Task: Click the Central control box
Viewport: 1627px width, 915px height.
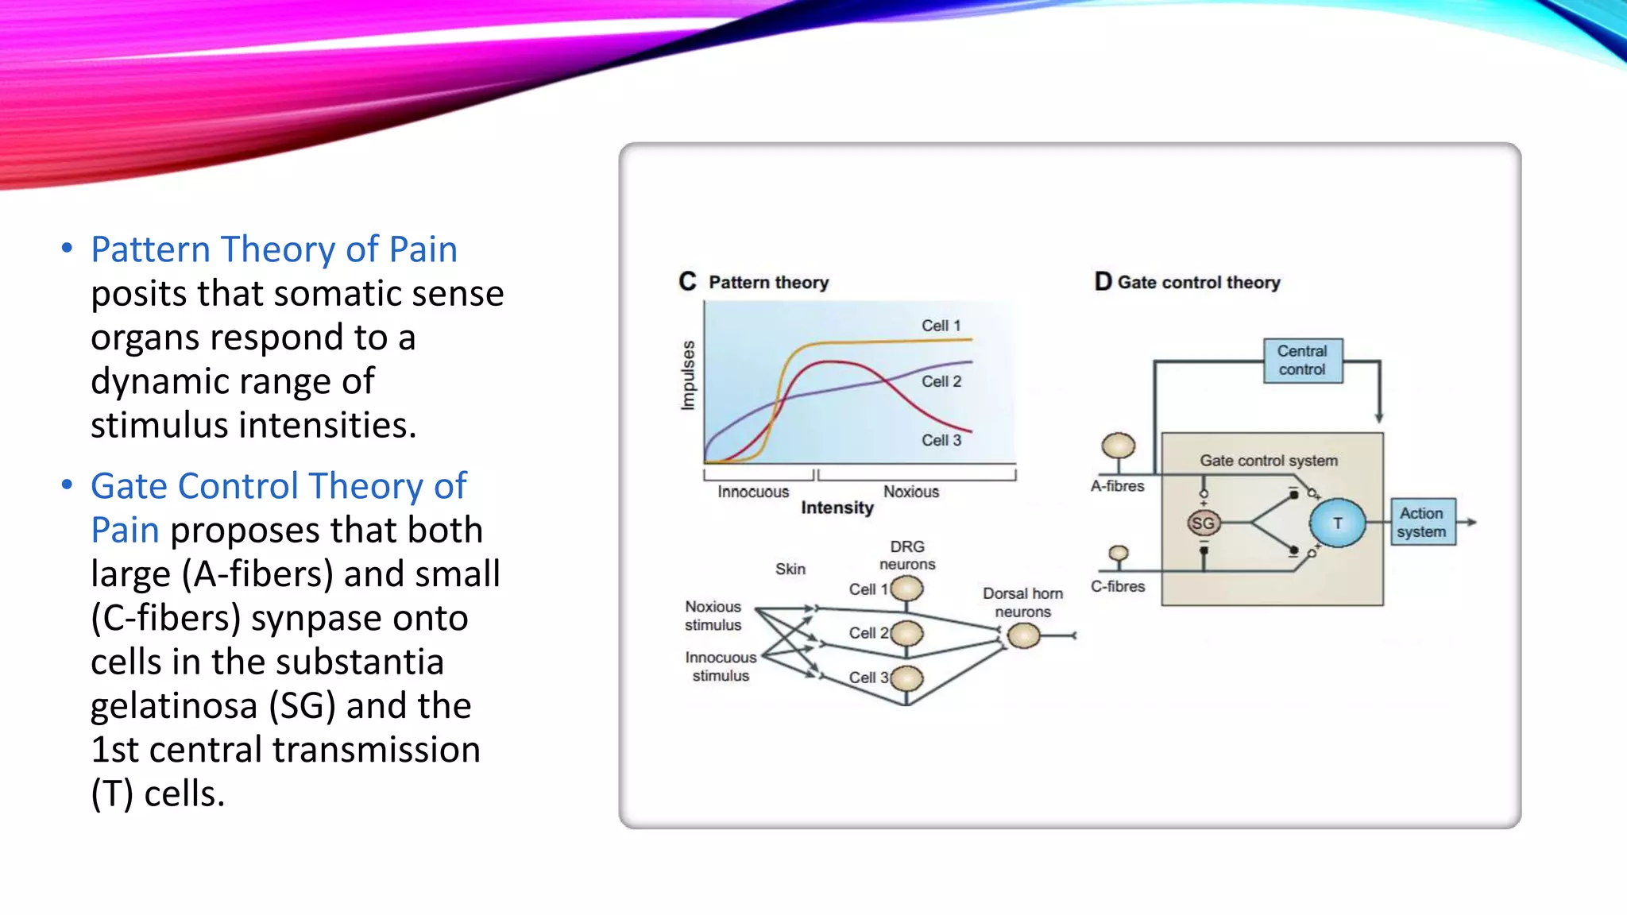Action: click(x=1302, y=361)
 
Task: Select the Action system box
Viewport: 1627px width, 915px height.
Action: click(x=1422, y=523)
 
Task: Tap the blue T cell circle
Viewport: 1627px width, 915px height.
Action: click(x=1337, y=523)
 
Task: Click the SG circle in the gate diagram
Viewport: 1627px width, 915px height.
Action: click(x=1203, y=523)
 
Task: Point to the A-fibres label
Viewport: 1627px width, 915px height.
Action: click(x=1117, y=486)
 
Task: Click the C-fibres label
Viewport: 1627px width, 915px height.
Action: click(x=1117, y=586)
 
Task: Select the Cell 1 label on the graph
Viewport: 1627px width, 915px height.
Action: click(x=941, y=326)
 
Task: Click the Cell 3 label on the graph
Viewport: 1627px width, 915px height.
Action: click(x=941, y=440)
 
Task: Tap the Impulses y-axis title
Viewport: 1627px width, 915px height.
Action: click(x=688, y=376)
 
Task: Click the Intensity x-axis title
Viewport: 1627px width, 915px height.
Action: click(x=837, y=508)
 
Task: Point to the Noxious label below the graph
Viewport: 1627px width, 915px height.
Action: click(x=910, y=492)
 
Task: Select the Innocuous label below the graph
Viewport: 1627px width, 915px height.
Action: click(x=753, y=492)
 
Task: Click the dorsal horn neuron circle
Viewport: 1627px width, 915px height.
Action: click(x=1022, y=635)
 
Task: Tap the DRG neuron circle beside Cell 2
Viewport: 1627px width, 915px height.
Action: click(x=907, y=634)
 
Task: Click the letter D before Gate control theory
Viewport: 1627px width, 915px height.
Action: click(x=1103, y=282)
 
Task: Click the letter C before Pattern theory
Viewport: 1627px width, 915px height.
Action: click(x=687, y=282)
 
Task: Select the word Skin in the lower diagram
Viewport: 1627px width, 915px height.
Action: click(x=790, y=569)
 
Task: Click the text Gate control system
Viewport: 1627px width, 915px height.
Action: click(x=1268, y=461)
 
